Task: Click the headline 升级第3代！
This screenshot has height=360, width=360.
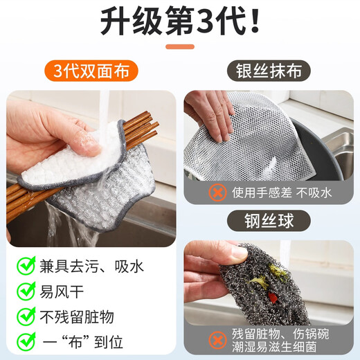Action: [x=180, y=23]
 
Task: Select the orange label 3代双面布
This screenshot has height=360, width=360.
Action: [x=91, y=71]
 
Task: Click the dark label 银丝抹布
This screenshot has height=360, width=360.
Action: [x=268, y=71]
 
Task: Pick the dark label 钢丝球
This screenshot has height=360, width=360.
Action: [x=268, y=222]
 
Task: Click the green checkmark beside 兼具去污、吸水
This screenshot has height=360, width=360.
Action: [x=25, y=265]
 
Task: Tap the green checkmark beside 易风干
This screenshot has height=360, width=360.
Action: [x=25, y=291]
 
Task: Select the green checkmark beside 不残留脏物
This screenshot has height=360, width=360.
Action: [x=25, y=316]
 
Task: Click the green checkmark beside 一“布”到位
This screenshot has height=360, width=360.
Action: [x=25, y=341]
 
